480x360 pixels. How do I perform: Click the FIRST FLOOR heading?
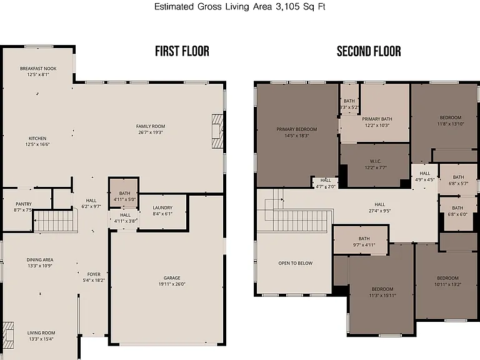click(182, 51)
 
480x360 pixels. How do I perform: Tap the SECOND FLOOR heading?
click(369, 51)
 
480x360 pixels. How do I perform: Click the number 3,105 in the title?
click(287, 7)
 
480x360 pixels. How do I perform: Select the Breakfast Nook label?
click(38, 69)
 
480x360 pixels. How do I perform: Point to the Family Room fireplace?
click(217, 131)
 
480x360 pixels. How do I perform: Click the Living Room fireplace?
click(8, 335)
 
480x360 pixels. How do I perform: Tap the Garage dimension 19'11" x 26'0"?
click(172, 284)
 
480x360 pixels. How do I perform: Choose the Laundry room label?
click(162, 207)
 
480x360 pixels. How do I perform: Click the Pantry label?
click(24, 204)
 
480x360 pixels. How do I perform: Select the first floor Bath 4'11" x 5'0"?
click(124, 196)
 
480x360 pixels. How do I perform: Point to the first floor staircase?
click(54, 221)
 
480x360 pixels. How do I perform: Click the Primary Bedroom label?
click(297, 129)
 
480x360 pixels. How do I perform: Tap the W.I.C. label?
click(375, 161)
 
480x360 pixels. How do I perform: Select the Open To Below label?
click(296, 263)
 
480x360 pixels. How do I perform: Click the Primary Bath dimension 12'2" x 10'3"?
click(377, 125)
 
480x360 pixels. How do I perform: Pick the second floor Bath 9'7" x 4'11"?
click(364, 241)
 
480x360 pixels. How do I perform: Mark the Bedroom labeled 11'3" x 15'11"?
click(382, 292)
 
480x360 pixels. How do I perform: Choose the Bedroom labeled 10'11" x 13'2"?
click(448, 281)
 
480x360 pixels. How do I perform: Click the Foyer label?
click(94, 274)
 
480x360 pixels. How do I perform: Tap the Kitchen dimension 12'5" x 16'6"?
click(37, 144)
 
